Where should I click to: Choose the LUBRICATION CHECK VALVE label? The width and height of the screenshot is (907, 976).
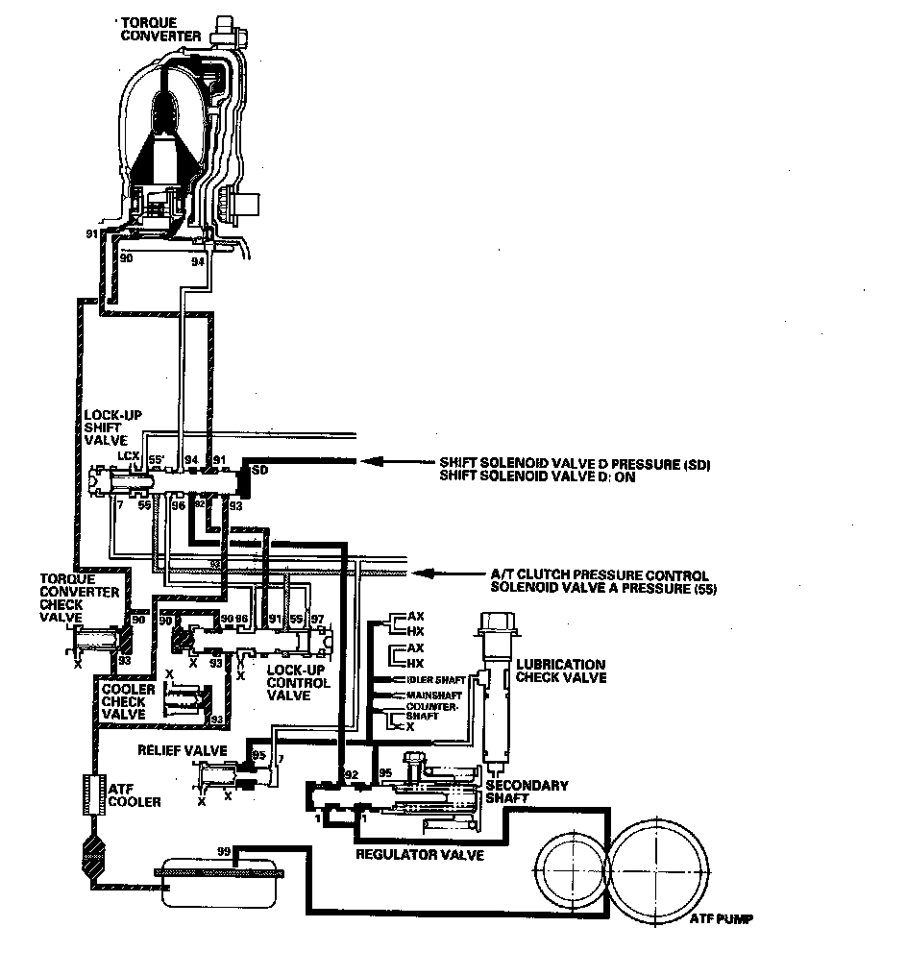coord(561,671)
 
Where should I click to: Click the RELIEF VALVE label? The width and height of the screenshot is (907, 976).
coord(182,748)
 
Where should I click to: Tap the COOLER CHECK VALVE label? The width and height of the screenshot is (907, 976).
coord(123,701)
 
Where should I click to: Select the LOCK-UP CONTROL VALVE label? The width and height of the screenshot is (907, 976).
coord(299,682)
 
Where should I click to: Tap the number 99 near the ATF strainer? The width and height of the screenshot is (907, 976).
coord(224,851)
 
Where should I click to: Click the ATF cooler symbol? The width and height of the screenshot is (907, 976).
coord(94,795)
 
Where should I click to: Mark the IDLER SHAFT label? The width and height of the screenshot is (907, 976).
coord(429,679)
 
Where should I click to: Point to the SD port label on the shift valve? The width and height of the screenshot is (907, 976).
coord(258,471)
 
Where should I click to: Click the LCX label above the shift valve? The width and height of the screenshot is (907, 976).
coord(128,454)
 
